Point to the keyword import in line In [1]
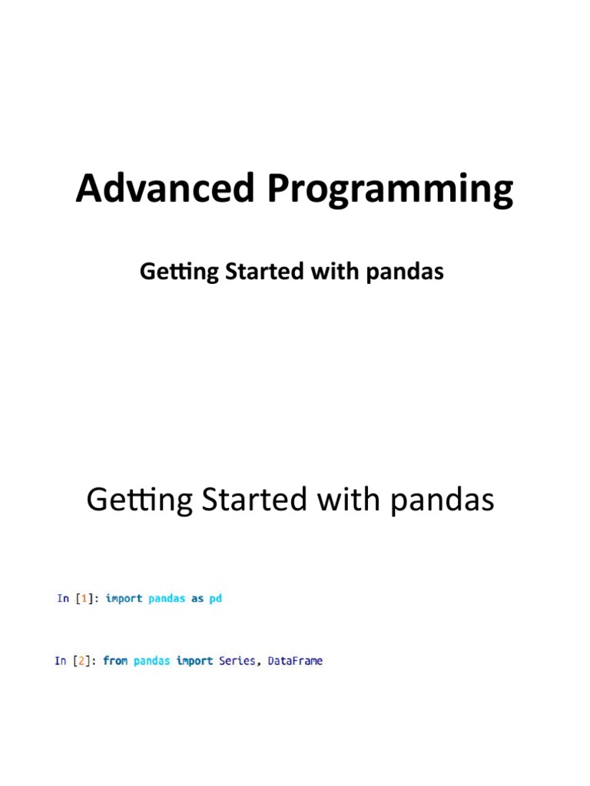124,599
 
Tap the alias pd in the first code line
216,599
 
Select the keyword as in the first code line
197,599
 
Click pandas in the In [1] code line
167,599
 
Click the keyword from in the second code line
115,660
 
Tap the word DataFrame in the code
295,660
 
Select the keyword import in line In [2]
194,660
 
